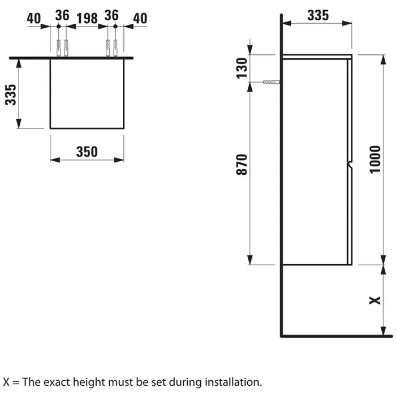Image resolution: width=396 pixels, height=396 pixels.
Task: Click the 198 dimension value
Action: (87, 19)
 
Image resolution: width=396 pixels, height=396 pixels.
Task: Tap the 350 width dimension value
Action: (87, 152)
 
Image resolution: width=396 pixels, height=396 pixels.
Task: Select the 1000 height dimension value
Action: (375, 160)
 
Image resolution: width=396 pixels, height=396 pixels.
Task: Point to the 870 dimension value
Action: (242, 165)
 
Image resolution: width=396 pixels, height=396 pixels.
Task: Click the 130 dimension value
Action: (242, 68)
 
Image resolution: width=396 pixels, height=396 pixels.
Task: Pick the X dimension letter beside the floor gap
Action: (375, 300)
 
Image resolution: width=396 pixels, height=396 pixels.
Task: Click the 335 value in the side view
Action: (318, 15)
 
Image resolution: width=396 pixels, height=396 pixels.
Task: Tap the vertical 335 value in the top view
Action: (11, 94)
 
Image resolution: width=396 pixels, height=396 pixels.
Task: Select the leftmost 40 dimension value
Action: (34, 19)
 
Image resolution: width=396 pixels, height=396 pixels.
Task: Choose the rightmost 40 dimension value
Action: (140, 19)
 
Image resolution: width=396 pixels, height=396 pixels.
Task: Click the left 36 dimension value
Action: (62, 15)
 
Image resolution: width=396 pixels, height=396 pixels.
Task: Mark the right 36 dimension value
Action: (111, 15)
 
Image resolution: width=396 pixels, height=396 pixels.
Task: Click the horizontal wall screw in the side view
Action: (272, 82)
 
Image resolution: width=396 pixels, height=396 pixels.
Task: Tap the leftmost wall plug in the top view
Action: (59, 48)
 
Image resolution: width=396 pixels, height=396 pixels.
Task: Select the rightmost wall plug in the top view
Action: (115, 48)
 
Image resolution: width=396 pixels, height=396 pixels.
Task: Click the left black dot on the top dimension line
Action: (59, 26)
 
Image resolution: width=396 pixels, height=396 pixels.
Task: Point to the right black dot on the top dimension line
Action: (115, 26)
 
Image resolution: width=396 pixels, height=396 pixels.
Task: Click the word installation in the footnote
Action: (233, 382)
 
